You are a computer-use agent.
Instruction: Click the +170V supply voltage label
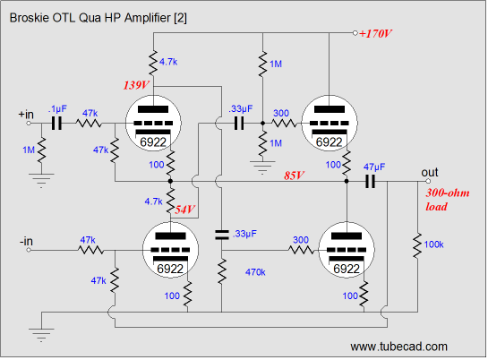(x=375, y=33)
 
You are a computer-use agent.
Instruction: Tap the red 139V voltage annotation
(x=136, y=85)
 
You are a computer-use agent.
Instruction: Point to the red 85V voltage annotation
(x=294, y=176)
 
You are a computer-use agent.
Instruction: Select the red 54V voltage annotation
(x=184, y=210)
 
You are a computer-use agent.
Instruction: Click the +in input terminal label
(x=26, y=115)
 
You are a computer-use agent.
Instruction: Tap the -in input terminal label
(x=26, y=241)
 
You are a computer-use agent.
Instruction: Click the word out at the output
(x=430, y=172)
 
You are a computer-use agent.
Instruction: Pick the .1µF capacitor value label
(x=57, y=109)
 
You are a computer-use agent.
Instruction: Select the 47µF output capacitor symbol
(x=370, y=181)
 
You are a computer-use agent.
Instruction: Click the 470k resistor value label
(x=255, y=272)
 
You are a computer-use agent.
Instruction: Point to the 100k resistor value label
(x=433, y=244)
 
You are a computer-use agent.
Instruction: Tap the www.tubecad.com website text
(x=399, y=347)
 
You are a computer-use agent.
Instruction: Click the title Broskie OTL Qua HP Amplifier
(x=98, y=18)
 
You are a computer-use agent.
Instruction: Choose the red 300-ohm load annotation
(x=448, y=200)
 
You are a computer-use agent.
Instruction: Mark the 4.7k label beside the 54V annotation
(x=153, y=201)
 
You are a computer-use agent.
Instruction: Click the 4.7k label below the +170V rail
(x=168, y=62)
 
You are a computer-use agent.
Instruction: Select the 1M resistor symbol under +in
(x=41, y=150)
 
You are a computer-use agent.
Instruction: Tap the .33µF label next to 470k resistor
(x=244, y=234)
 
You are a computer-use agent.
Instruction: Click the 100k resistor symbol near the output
(x=417, y=245)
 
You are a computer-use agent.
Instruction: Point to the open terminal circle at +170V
(x=355, y=33)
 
